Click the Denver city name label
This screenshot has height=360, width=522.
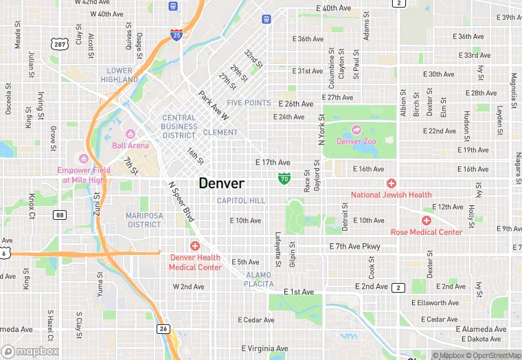(221, 183)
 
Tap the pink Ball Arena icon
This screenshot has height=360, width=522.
(130, 133)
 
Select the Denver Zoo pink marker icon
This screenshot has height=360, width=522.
(356, 129)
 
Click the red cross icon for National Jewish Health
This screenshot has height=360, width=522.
(391, 183)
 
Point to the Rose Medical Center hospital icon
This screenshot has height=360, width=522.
(427, 221)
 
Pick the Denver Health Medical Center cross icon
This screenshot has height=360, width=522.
(195, 245)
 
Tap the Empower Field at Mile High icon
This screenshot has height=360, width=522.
(85, 159)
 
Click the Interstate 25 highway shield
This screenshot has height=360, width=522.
(177, 34)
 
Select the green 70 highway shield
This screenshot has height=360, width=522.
(284, 179)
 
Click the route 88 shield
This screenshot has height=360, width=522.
(60, 215)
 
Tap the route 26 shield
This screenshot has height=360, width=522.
(163, 329)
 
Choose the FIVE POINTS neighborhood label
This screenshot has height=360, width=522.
(249, 103)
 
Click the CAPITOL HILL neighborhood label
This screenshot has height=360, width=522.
(240, 201)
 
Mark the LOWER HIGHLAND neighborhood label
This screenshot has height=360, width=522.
(120, 75)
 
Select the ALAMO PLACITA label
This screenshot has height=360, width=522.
(260, 280)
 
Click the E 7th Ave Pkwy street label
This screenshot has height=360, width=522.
(354, 246)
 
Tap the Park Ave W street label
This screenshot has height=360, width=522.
(213, 104)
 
